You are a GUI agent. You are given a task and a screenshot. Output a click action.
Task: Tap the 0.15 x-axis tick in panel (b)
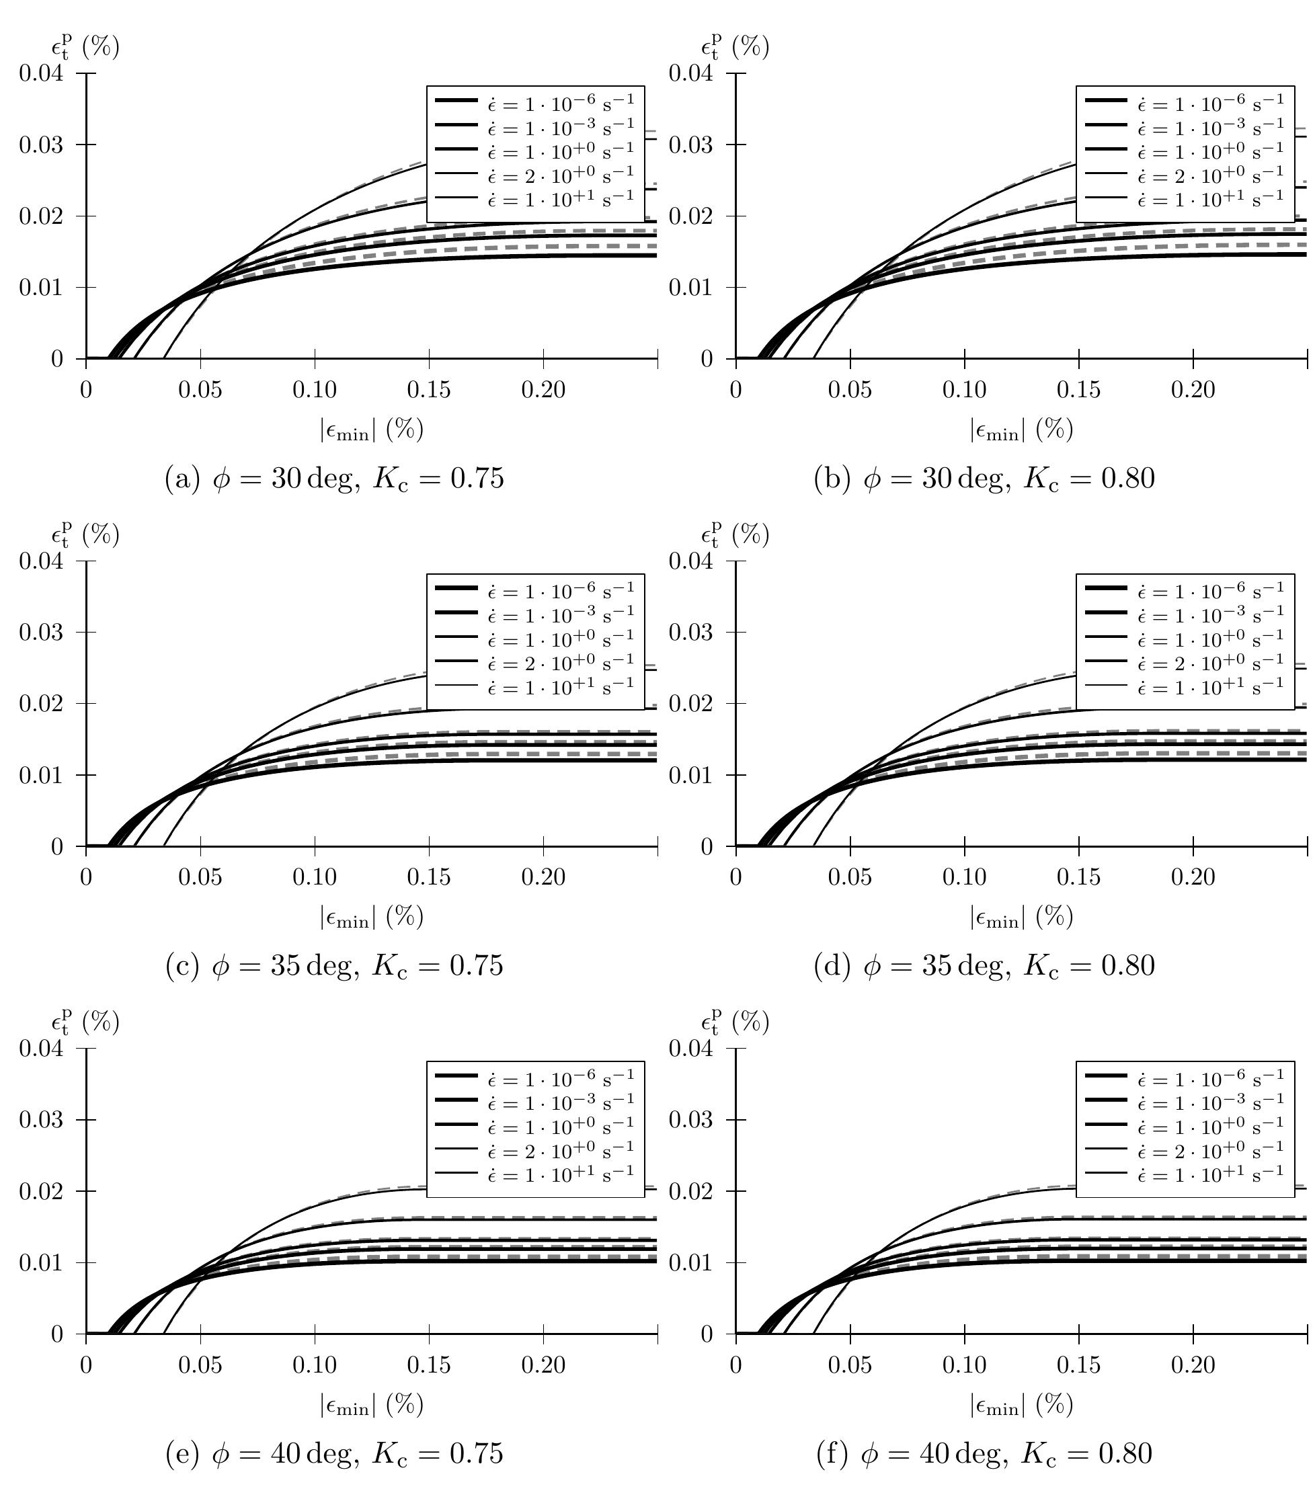point(1078,389)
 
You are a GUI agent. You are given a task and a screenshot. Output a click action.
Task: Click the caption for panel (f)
point(984,1453)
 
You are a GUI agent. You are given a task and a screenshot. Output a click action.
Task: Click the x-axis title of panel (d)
point(1022,917)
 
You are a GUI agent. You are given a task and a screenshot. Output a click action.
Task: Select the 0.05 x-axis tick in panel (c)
point(200,877)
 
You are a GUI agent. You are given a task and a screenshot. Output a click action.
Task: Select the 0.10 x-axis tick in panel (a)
point(315,389)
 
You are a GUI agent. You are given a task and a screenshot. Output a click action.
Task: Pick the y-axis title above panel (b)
point(735,47)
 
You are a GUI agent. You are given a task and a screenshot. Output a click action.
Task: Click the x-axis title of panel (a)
point(372,429)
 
